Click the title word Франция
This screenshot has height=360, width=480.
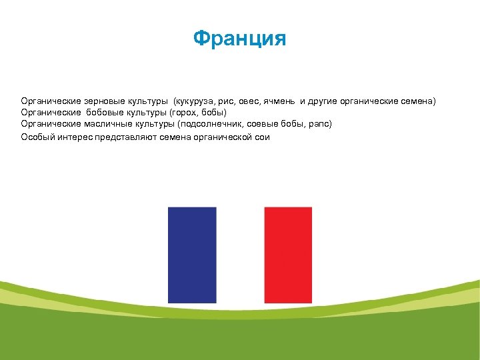[x=239, y=39]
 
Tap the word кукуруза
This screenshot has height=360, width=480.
[x=195, y=101]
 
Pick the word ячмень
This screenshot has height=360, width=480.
[x=279, y=101]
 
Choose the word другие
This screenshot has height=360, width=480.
[x=323, y=101]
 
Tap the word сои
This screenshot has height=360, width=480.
[x=262, y=137]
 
